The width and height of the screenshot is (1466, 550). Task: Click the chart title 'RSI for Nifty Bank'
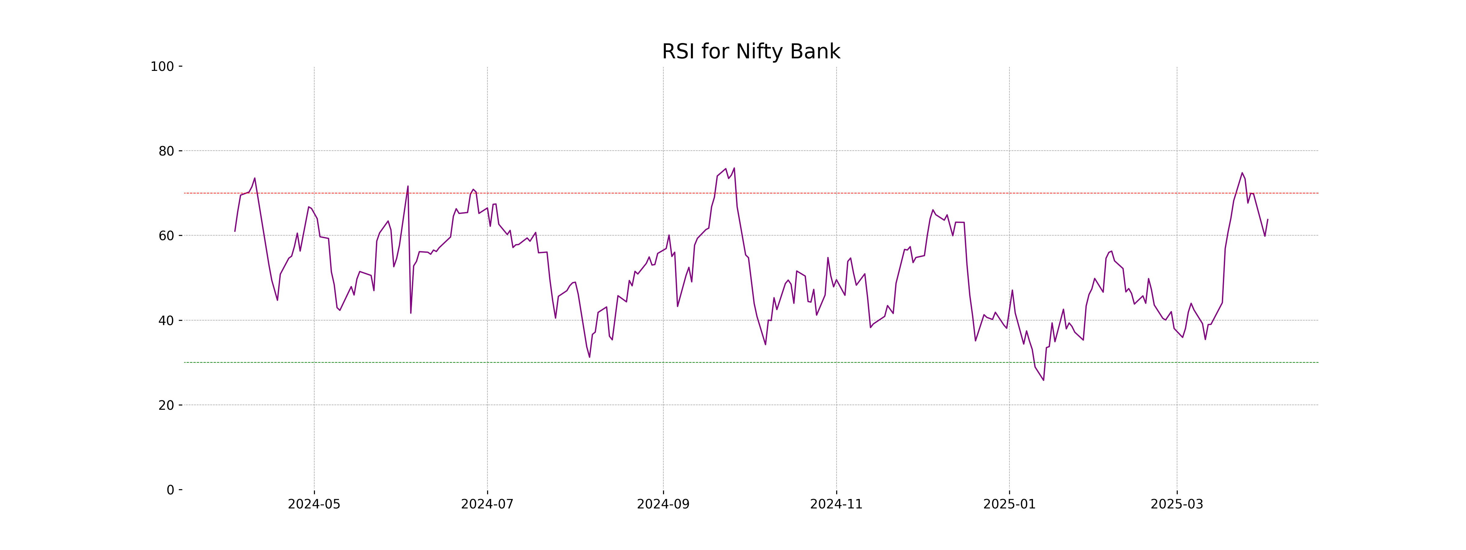coord(751,52)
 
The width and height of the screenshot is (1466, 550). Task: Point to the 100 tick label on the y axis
coord(162,67)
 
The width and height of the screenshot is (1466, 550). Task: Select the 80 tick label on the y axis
coord(166,151)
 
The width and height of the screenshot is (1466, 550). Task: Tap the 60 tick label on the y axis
coord(166,236)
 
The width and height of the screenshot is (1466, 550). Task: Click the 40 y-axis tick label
coord(166,321)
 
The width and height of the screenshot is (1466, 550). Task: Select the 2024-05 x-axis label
coord(314,504)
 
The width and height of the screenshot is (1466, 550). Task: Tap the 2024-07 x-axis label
coord(487,504)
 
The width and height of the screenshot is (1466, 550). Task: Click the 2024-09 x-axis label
coord(663,504)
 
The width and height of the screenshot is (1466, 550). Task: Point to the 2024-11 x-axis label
coord(836,504)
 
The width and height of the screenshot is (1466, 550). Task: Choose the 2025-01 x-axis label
coord(1010,504)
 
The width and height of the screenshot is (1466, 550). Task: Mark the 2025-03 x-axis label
coord(1177,504)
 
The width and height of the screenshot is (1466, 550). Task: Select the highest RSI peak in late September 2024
coord(734,168)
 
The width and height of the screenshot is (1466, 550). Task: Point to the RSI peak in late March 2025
coord(1242,173)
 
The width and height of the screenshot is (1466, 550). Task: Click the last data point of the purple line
coord(1267,219)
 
